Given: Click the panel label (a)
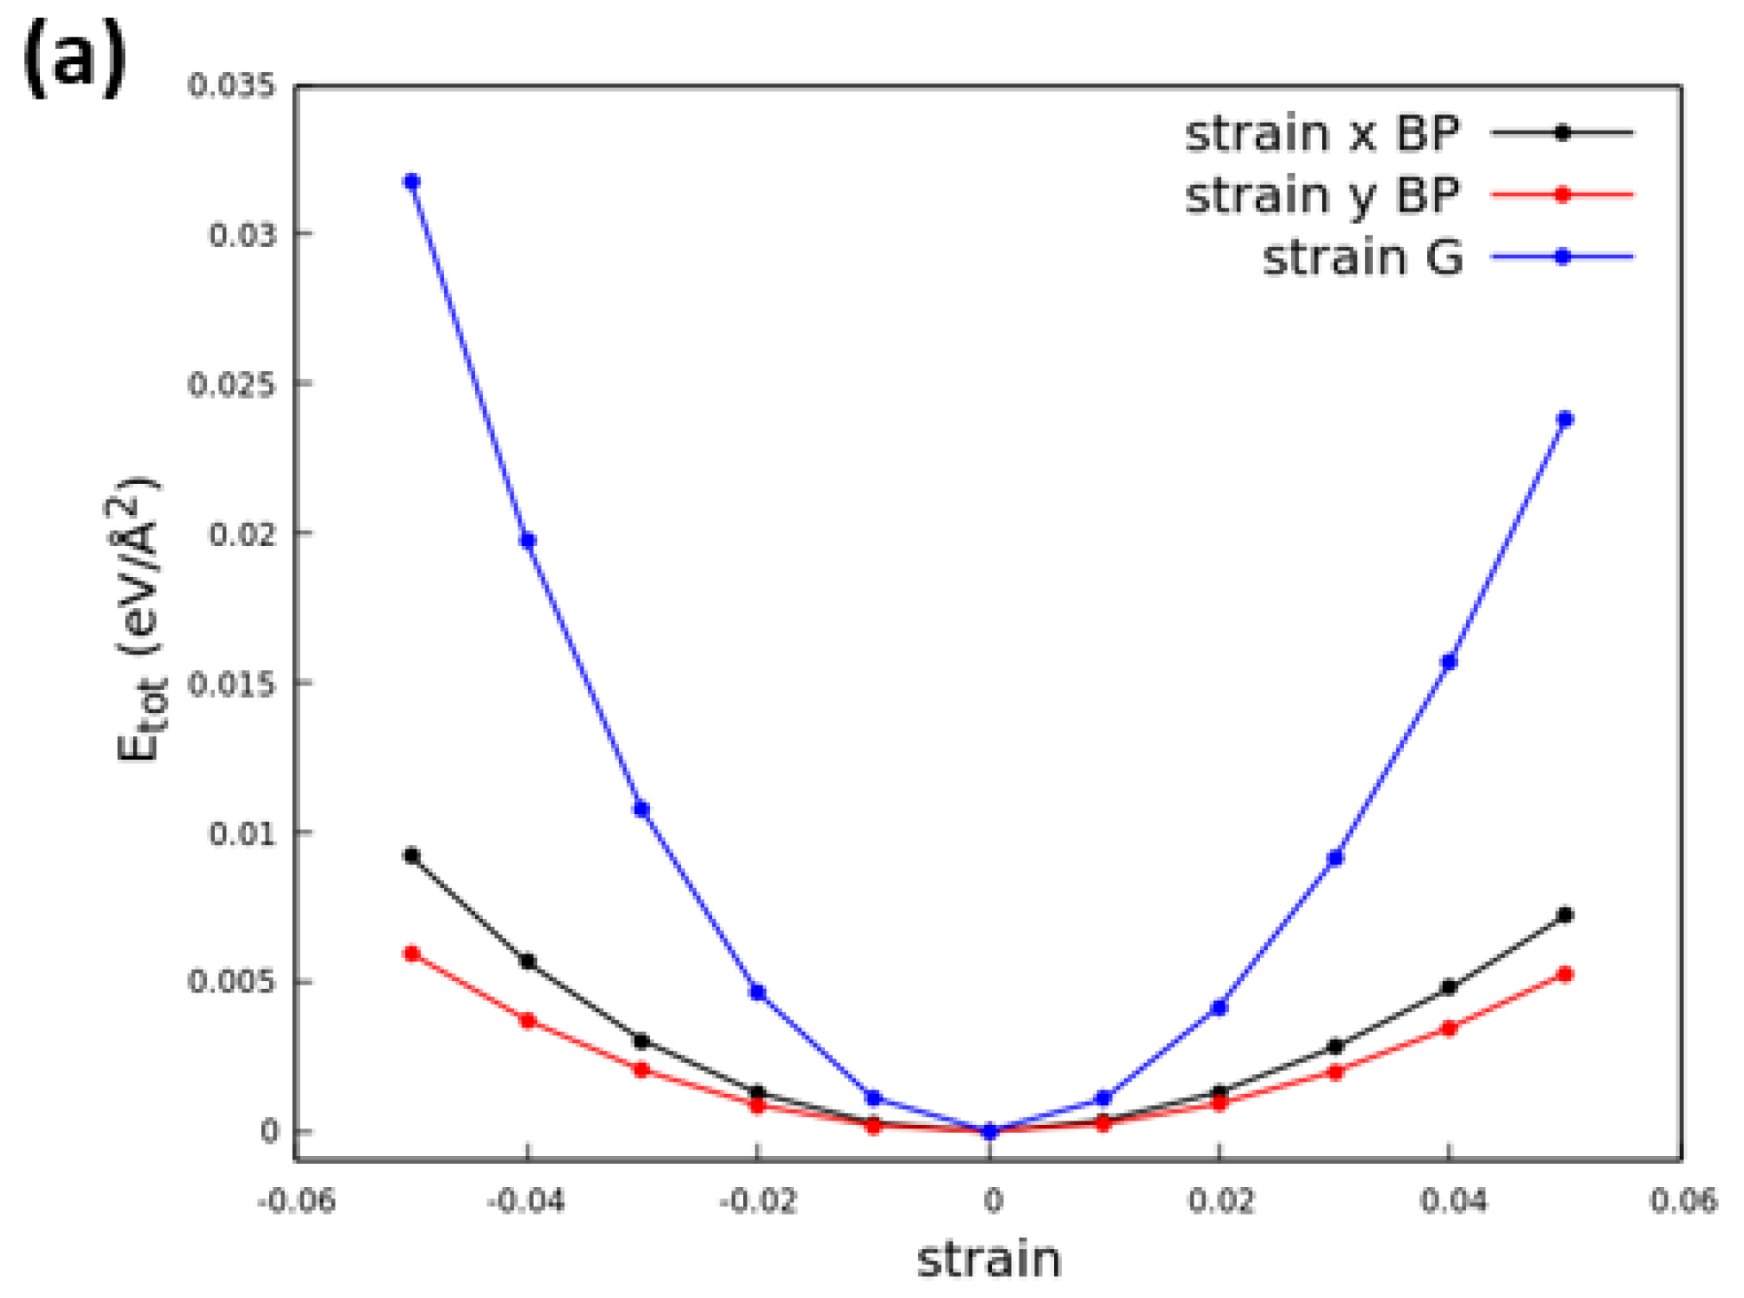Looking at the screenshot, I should click(x=75, y=59).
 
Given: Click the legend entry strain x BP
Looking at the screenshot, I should click(x=1321, y=134).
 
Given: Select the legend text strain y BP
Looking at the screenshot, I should click(x=1321, y=195).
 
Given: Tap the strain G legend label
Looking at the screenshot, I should click(x=1361, y=258).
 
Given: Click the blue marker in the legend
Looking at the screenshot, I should click(x=1563, y=257).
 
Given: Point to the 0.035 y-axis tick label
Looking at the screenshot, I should click(x=232, y=85).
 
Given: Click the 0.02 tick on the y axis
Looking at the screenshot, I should click(x=242, y=534).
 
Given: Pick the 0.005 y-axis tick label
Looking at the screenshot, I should click(x=232, y=982).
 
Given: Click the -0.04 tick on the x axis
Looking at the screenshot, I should click(x=526, y=1201).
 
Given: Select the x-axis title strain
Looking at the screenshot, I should click(x=988, y=1259).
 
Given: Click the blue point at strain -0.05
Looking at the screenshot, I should click(x=411, y=182).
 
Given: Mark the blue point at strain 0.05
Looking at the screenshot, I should click(x=1565, y=419).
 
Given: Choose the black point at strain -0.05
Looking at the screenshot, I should click(x=411, y=856).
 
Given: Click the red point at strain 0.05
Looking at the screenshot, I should click(x=1565, y=974).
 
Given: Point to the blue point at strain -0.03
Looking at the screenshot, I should click(x=641, y=809).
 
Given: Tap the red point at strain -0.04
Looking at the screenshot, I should click(x=527, y=1021).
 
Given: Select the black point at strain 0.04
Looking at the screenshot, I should click(x=1448, y=987).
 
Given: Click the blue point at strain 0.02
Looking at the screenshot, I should click(x=1218, y=1008).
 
